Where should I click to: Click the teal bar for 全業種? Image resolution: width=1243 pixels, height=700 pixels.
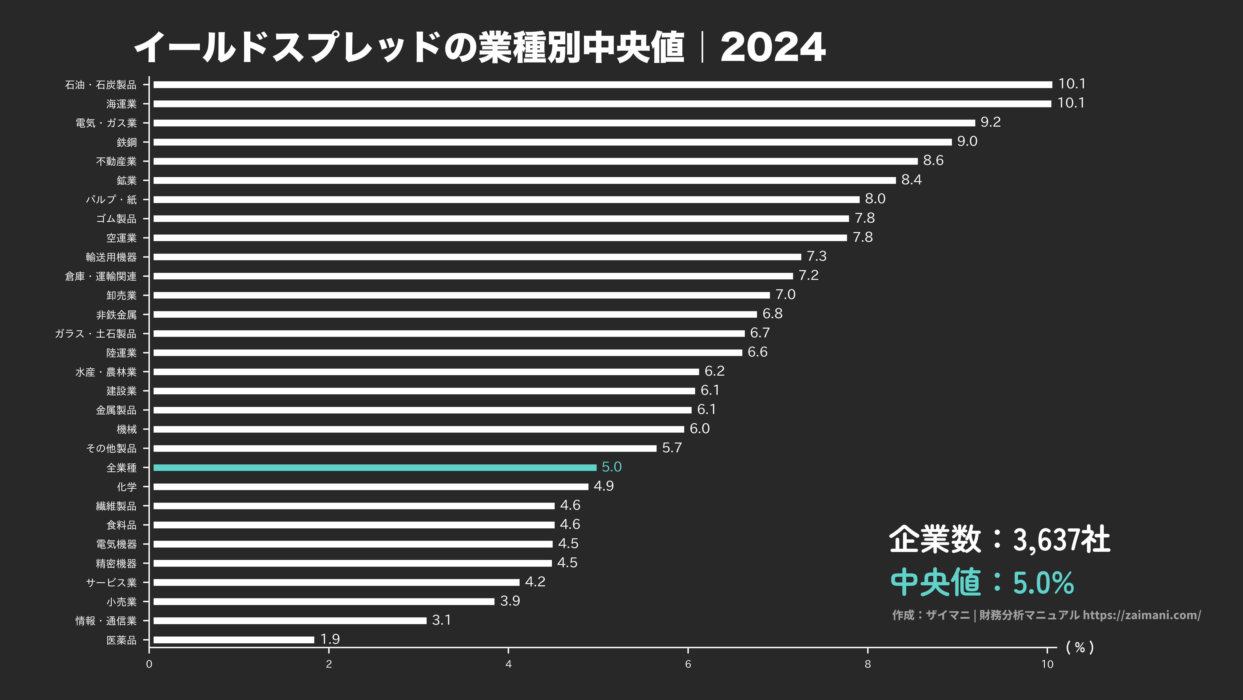tap(375, 467)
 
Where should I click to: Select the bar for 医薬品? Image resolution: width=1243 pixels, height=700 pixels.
tap(234, 640)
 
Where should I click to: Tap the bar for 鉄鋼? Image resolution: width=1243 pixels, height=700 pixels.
tap(552, 142)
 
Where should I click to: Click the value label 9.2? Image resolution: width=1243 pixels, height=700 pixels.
tap(991, 122)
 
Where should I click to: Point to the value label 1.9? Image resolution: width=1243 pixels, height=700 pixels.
tap(330, 639)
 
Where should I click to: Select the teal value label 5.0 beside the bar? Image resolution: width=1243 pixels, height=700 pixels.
tap(611, 467)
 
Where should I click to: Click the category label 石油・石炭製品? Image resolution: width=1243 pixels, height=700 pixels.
tap(101, 85)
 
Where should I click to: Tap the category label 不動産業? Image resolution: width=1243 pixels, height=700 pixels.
tap(116, 161)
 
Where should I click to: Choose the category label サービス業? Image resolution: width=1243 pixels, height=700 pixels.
tap(111, 583)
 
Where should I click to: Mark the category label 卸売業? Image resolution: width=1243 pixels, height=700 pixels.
tap(122, 296)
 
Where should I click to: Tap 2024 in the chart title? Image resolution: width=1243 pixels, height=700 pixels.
tap(773, 47)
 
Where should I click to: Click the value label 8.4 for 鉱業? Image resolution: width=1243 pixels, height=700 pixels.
tap(912, 180)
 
